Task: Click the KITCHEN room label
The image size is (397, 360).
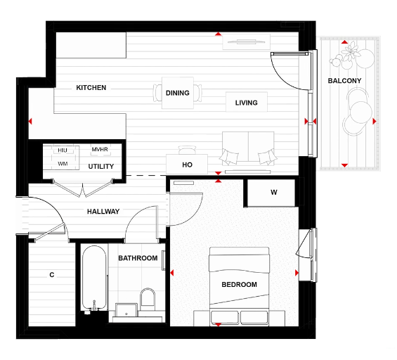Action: [91, 88]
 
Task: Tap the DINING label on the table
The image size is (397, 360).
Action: [178, 93]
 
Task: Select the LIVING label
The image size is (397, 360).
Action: [246, 103]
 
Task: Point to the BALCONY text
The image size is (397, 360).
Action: [344, 81]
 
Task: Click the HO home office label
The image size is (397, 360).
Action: [187, 165]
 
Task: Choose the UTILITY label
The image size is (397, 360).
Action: [100, 167]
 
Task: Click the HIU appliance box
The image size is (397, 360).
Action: [63, 150]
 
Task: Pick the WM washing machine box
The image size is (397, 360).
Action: [63, 164]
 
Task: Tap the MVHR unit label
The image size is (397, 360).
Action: [100, 150]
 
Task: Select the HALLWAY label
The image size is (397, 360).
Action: [103, 212]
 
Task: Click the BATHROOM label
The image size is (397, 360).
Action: [138, 258]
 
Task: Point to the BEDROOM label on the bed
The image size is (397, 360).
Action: [239, 285]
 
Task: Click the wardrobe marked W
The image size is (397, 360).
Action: [273, 193]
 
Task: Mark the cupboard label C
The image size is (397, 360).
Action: [51, 274]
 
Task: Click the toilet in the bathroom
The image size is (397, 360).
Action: [148, 300]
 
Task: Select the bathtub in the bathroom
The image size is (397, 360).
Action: [93, 278]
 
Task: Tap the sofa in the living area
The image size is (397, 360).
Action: [247, 149]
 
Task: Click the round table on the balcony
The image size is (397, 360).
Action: [358, 112]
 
